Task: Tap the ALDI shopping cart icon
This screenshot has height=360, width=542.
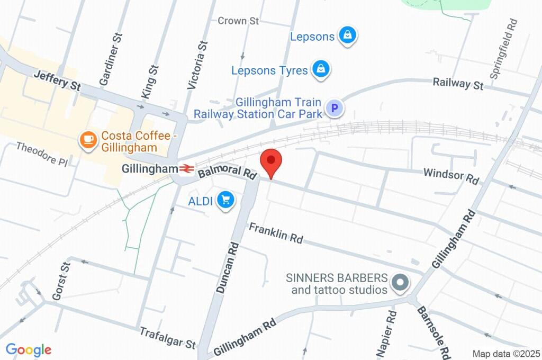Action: point(226,200)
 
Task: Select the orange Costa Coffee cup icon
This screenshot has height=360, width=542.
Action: point(87,140)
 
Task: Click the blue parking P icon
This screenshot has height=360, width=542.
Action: point(334,109)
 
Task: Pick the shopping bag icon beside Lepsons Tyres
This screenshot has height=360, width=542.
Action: point(321,69)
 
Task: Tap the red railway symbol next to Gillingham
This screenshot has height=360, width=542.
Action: point(186,169)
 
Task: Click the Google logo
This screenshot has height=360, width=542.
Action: point(29,350)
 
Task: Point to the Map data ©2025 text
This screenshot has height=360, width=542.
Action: point(506,353)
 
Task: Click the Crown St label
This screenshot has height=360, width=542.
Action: point(238,21)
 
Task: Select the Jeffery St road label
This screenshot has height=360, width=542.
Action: point(57,82)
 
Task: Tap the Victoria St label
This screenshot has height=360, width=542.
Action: point(196,64)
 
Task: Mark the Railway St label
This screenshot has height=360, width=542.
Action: point(458,84)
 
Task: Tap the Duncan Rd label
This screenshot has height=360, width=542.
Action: point(228,268)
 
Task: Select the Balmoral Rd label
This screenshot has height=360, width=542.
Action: point(227,172)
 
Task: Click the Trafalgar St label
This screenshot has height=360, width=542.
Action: point(167,338)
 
